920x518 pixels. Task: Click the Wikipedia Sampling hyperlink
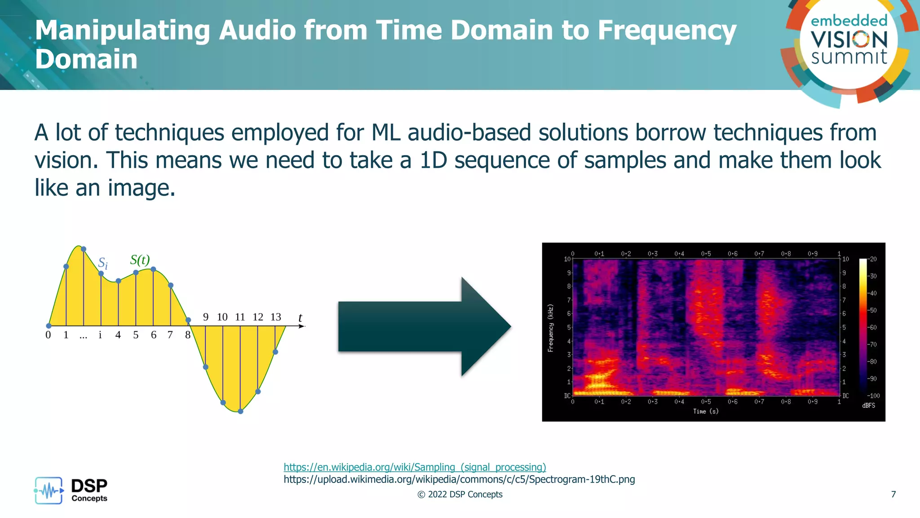click(x=415, y=467)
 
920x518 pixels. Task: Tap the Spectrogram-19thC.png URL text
click(x=459, y=479)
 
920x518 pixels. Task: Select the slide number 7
click(x=893, y=494)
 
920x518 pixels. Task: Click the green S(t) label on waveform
click(x=140, y=259)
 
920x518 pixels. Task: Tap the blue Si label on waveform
click(x=103, y=263)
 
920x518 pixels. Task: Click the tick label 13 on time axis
click(x=275, y=317)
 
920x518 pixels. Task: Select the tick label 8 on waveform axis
click(x=188, y=335)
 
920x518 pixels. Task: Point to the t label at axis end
click(x=300, y=318)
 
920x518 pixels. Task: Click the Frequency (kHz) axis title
click(x=550, y=328)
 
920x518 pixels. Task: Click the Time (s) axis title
click(x=705, y=411)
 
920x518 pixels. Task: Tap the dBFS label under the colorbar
click(x=868, y=406)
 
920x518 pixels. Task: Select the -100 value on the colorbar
click(x=873, y=396)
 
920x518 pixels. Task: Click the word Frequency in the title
click(x=667, y=31)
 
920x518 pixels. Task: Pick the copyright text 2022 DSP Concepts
click(x=460, y=494)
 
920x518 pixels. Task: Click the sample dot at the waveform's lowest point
click(x=240, y=411)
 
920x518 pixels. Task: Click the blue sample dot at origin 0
click(x=49, y=326)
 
